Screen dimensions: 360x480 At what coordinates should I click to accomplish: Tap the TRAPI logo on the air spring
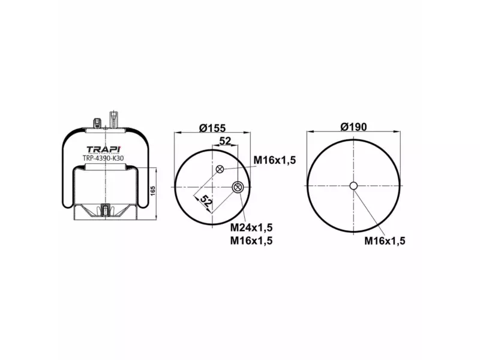coord(104,149)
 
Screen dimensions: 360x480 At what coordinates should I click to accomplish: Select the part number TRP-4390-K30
coord(103,159)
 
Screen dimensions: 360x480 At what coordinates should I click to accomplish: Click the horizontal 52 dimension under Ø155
coord(226,141)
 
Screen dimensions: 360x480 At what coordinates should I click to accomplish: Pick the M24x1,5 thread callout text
coord(252,227)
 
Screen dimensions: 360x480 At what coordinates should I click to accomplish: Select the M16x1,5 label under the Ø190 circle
coord(385,241)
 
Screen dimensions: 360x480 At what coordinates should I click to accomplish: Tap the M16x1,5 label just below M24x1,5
coord(252,241)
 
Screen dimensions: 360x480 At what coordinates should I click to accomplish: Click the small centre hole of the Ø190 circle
coord(353,186)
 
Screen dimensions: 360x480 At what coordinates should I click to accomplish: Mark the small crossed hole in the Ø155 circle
coord(220,169)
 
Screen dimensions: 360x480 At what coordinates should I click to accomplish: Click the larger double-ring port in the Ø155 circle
coord(238,187)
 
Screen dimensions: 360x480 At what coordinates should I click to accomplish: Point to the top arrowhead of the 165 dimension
coord(157,169)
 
